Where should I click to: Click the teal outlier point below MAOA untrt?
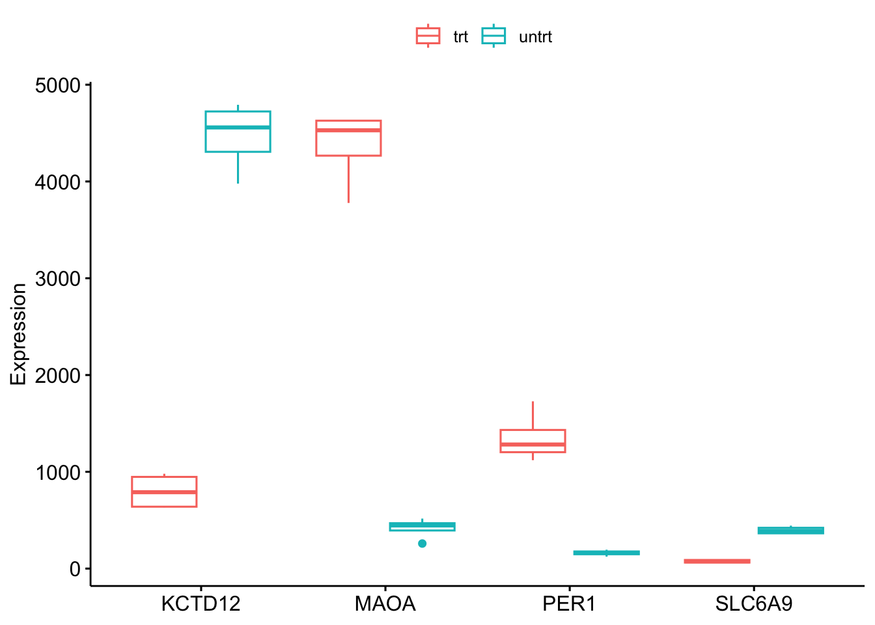423,544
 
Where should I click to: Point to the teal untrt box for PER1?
607,553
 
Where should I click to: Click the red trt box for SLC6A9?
717,561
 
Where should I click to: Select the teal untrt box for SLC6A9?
791,531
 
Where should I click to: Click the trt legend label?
460,36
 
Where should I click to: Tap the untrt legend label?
535,36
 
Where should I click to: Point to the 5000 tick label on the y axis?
57,85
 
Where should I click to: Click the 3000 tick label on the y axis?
57,279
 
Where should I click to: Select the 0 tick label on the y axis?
75,569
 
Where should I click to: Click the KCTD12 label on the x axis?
201,604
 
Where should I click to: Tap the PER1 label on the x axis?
569,604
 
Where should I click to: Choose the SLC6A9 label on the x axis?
754,604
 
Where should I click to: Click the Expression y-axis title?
18,335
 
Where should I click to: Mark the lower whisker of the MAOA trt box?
348,179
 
